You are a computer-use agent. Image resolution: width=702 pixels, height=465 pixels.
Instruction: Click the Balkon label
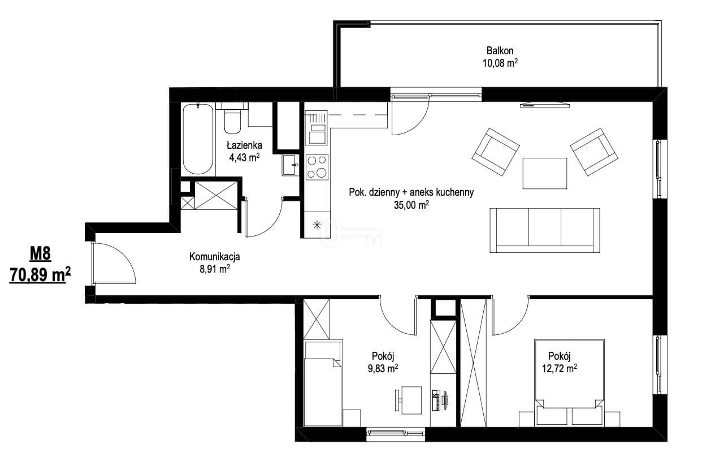[500, 50]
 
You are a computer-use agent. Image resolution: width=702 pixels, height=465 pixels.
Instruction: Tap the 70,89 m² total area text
[40, 275]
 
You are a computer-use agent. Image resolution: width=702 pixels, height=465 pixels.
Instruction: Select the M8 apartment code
[40, 253]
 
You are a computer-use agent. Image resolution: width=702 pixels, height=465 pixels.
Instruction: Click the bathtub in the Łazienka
[198, 139]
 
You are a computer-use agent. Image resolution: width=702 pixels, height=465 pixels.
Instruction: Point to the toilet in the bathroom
[232, 120]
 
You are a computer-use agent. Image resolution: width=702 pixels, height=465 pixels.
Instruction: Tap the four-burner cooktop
[317, 167]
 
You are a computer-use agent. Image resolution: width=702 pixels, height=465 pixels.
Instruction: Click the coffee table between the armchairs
[545, 174]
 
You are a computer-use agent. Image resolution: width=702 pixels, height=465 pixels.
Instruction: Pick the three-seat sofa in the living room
[545, 230]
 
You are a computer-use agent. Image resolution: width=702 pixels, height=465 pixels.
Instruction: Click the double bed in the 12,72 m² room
[569, 383]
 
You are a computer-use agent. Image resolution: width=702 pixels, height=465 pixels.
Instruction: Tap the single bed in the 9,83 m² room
[323, 383]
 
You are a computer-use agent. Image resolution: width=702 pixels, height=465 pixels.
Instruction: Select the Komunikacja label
[214, 256]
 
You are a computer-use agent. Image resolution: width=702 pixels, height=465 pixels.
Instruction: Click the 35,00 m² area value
[411, 205]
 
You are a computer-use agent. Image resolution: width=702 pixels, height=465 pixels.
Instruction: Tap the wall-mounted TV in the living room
[545, 105]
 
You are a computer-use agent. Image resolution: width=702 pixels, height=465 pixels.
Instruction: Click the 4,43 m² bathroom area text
[244, 157]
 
